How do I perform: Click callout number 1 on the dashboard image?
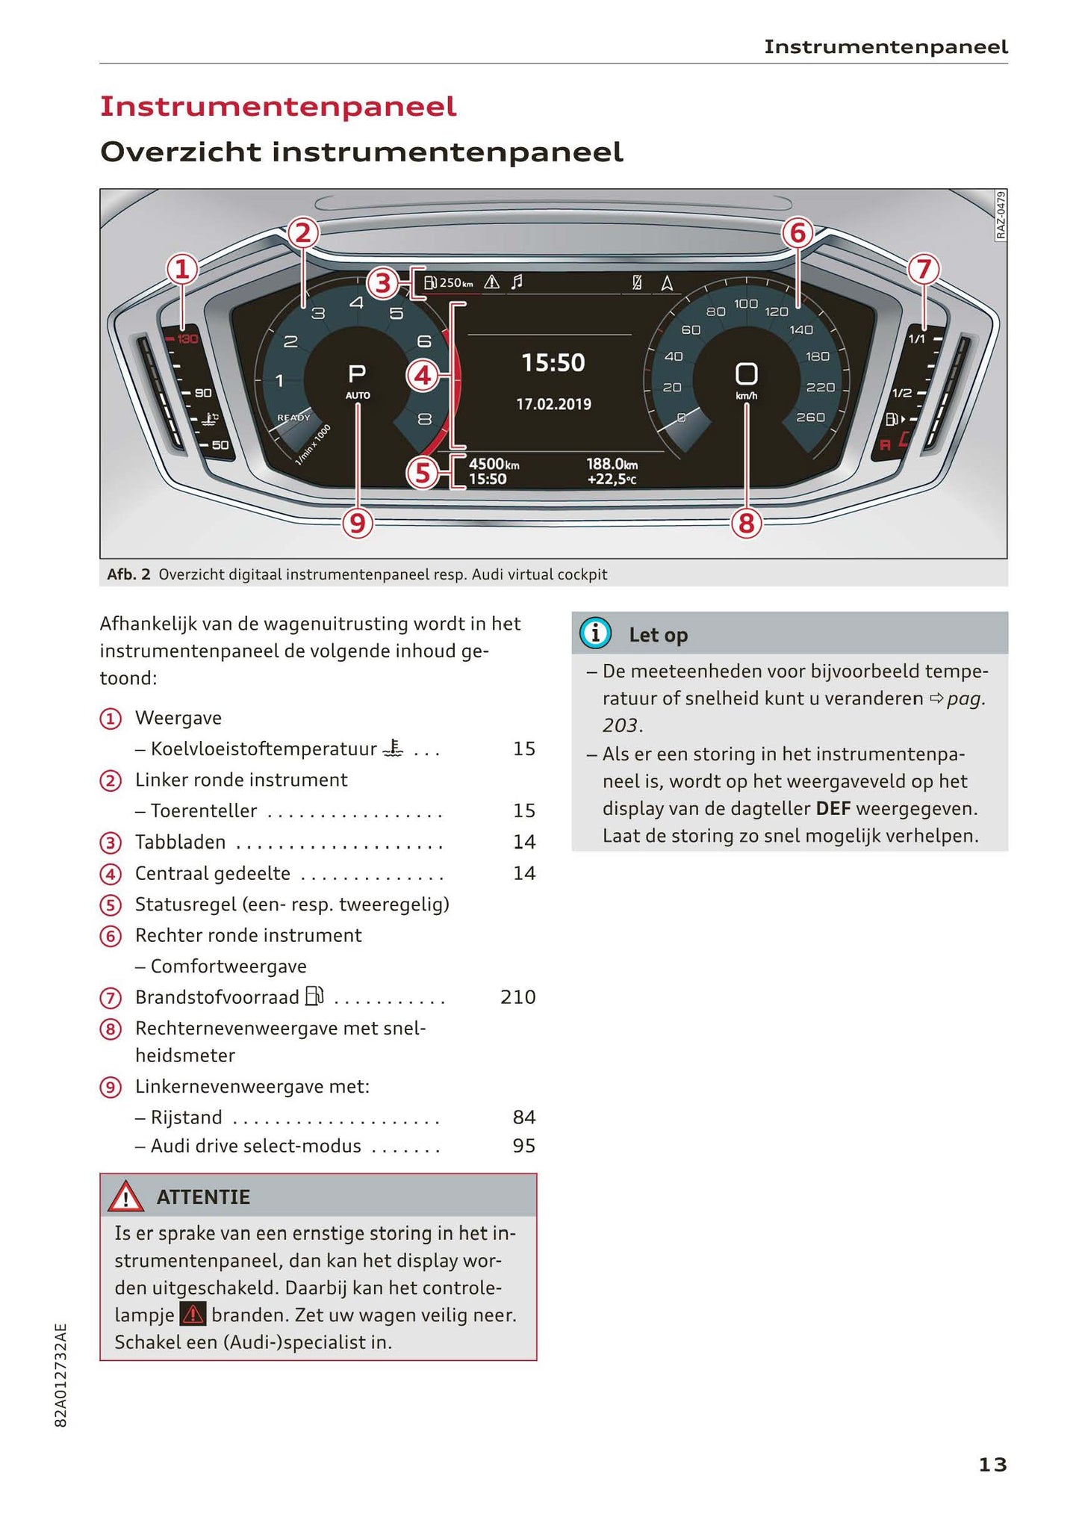click(x=182, y=270)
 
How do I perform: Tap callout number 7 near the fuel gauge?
click(x=924, y=269)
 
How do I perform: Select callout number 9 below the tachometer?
click(x=358, y=523)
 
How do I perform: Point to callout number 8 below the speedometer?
click(x=746, y=523)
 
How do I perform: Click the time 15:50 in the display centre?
click(x=553, y=363)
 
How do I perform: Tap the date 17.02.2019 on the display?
click(x=553, y=404)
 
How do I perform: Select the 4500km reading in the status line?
click(x=494, y=464)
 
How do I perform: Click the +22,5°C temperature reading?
click(x=612, y=479)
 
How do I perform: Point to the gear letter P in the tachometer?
click(x=357, y=373)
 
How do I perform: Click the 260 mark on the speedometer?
click(x=810, y=417)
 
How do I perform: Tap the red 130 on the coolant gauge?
click(x=187, y=340)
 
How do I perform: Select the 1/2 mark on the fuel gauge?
click(x=902, y=393)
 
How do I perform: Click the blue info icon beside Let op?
click(x=595, y=633)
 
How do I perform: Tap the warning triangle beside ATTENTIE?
click(x=125, y=1197)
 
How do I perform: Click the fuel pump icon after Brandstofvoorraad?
click(x=314, y=996)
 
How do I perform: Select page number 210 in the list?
click(x=517, y=997)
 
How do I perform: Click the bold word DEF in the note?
click(x=833, y=808)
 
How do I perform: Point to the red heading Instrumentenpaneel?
click(x=278, y=107)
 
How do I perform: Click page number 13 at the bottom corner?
click(x=992, y=1465)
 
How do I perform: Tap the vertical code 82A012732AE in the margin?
click(x=61, y=1375)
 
